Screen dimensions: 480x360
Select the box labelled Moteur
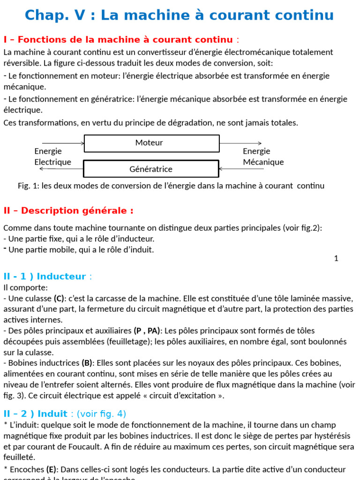[151, 143]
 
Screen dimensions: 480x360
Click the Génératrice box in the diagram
[151, 169]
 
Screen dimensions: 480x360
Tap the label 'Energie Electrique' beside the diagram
[52, 157]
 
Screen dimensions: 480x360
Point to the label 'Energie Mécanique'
[263, 157]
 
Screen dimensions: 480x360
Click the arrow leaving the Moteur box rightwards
[240, 143]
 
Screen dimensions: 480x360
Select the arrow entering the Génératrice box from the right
[240, 169]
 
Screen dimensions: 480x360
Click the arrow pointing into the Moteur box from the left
[63, 143]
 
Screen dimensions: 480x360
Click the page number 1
[336, 258]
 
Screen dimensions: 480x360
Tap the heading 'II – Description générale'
[68, 211]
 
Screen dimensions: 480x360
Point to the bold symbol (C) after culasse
[59, 299]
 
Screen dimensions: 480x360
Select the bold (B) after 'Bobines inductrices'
[87, 363]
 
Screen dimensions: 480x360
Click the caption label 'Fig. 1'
[28, 186]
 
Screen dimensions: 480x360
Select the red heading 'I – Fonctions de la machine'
[118, 39]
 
